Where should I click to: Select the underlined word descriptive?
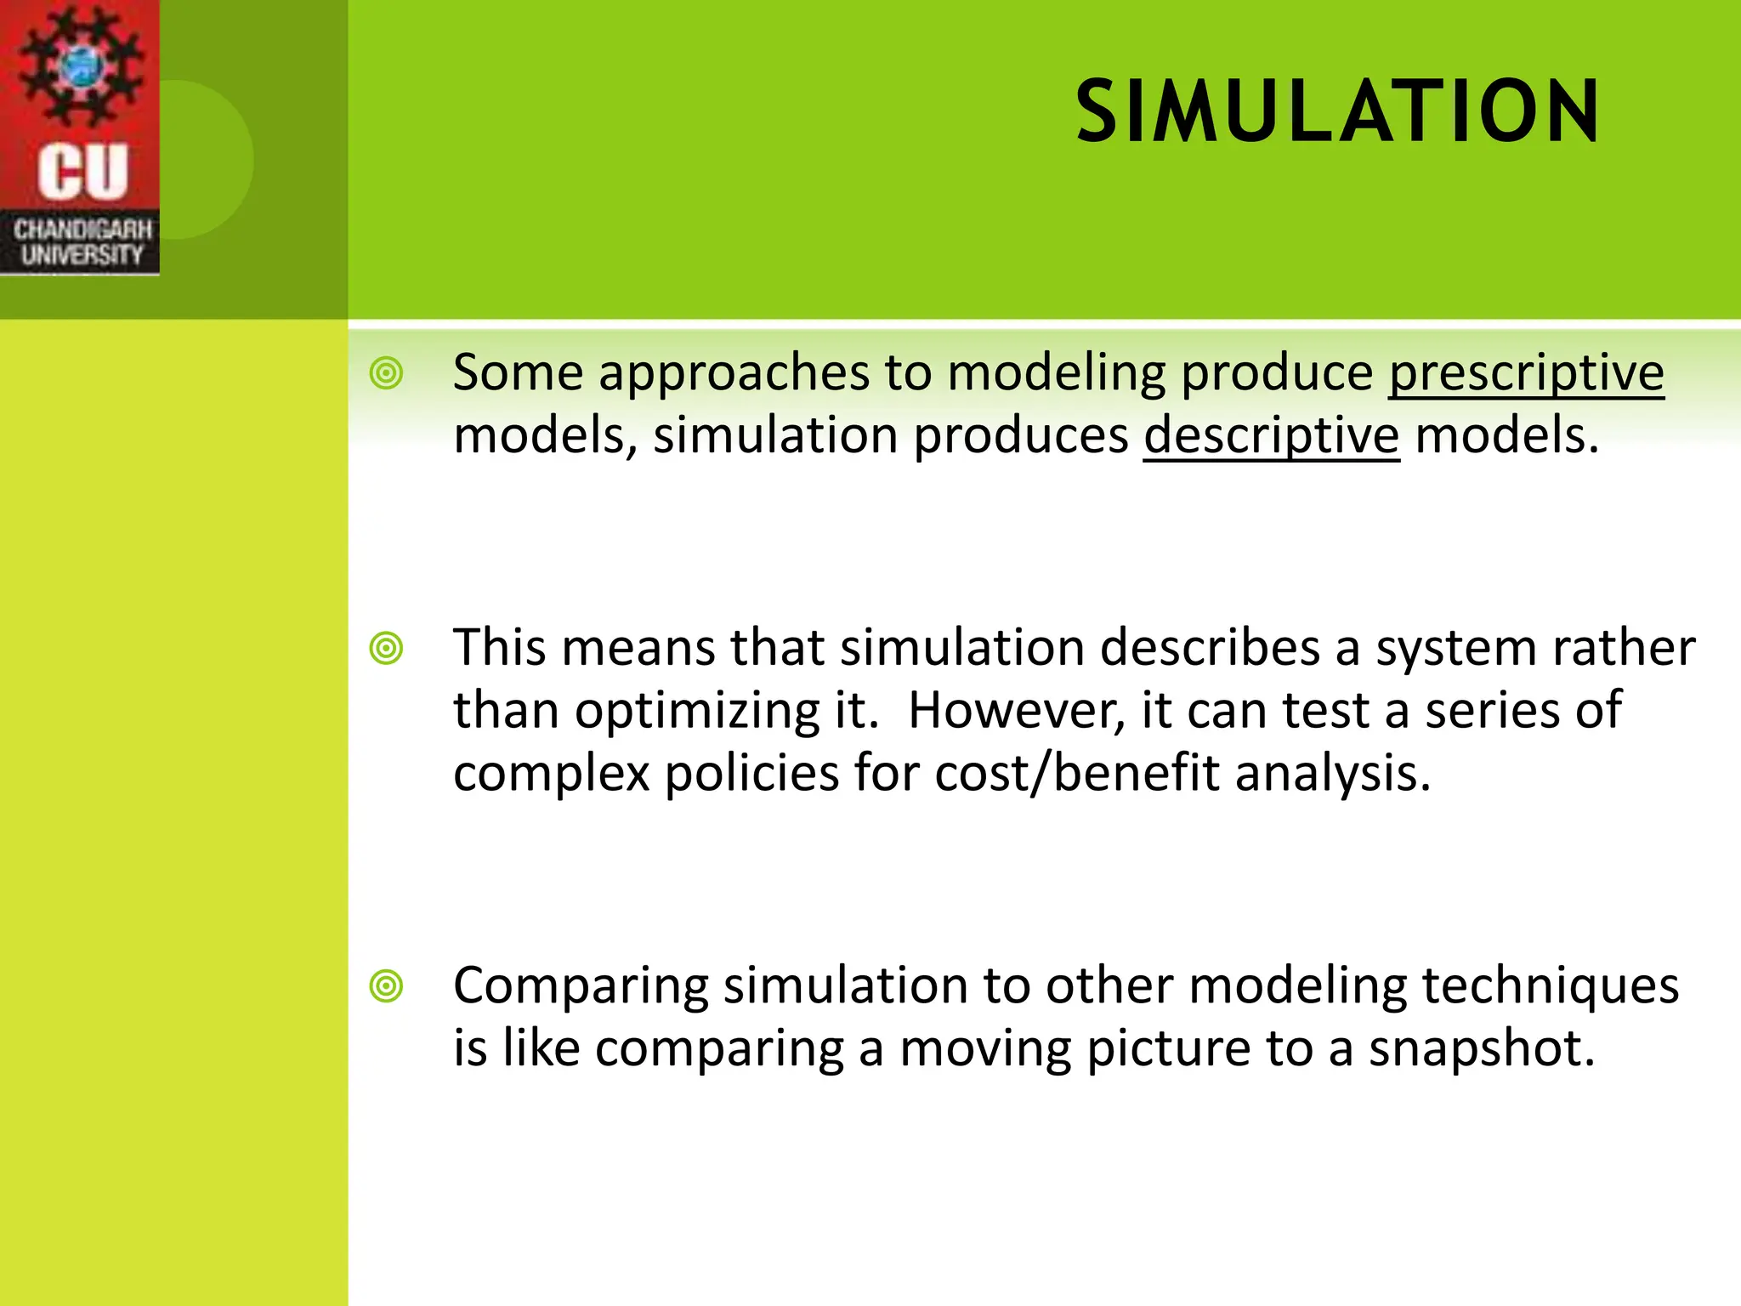click(x=1271, y=435)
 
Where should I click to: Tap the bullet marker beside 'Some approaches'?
click(x=387, y=373)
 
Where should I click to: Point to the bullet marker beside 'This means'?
click(x=387, y=649)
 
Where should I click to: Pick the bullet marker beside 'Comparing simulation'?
click(x=387, y=986)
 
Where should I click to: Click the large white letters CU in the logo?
click(x=82, y=172)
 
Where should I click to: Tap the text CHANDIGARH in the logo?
click(x=82, y=230)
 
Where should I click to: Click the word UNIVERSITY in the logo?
click(x=82, y=254)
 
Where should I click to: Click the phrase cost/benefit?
click(x=1077, y=773)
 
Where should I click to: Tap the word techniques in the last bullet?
click(x=1550, y=986)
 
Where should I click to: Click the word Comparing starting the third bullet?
click(x=581, y=986)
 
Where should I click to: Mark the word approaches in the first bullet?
click(x=734, y=374)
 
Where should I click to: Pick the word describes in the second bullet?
click(x=1210, y=648)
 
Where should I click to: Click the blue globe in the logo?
click(x=82, y=66)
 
